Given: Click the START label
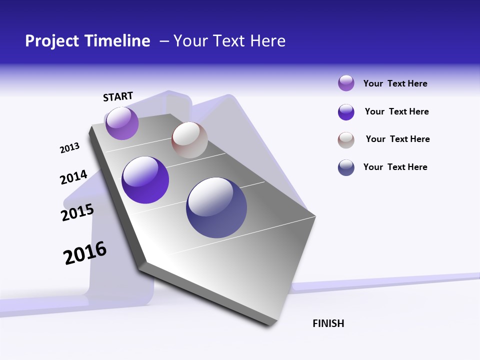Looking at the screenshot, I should point(118,96).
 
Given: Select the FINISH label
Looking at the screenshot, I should point(328,323).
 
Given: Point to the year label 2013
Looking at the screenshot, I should point(69,148).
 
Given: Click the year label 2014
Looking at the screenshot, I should point(73,177).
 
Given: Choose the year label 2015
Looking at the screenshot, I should point(77,212).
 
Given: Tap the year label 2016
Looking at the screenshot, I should point(85,253).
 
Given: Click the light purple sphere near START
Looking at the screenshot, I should point(122,123).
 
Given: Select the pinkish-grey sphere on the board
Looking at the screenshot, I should point(189,140).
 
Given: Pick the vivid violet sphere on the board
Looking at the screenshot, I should point(145,180).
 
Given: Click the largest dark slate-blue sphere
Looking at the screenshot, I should point(216,207).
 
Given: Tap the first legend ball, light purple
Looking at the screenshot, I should point(346,83).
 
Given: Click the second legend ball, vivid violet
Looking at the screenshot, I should point(346,112).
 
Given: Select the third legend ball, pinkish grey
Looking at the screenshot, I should point(346,140).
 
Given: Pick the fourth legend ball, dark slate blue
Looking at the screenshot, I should point(346,167).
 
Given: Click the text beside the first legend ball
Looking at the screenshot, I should point(395,83).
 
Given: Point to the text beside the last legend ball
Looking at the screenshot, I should point(395,167).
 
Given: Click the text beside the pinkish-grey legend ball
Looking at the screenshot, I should point(397,139).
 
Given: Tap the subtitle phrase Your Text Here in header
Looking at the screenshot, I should point(229,41).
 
